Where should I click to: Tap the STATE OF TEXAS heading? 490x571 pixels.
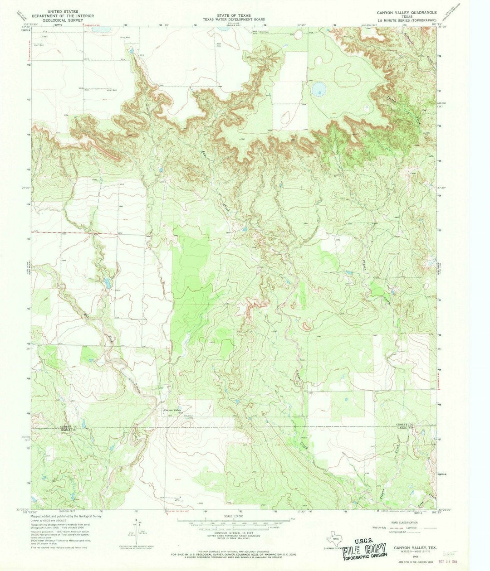[234, 15]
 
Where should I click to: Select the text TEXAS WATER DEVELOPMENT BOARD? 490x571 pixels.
[234, 19]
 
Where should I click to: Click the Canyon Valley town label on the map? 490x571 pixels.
[172, 411]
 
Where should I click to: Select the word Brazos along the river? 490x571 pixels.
[138, 387]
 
